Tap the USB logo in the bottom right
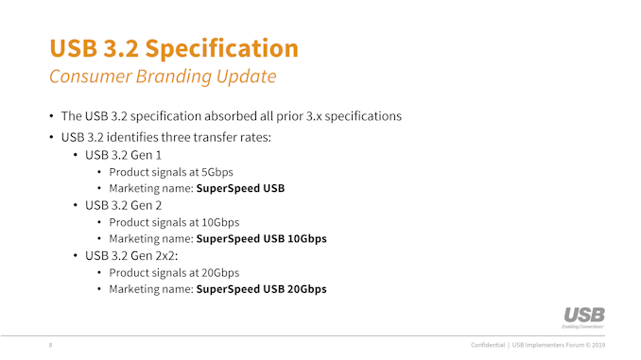(x=583, y=317)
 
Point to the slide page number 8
(x=51, y=345)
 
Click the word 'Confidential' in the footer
(x=493, y=345)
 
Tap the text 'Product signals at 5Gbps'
(x=170, y=171)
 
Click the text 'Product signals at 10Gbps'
(x=173, y=222)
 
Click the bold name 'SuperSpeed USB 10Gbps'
(x=261, y=239)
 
